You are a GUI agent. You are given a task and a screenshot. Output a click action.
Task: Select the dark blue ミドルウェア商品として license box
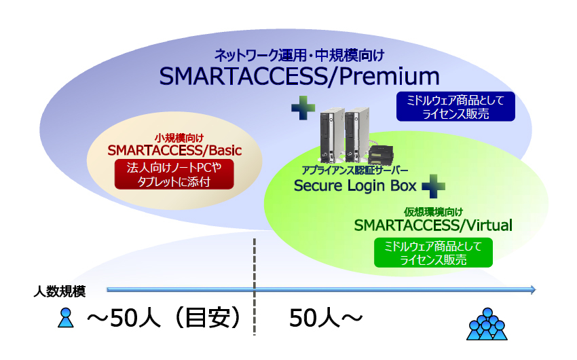click(455, 107)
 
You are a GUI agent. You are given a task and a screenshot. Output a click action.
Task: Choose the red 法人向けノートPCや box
click(175, 175)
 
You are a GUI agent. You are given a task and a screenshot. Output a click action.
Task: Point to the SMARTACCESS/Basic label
click(175, 149)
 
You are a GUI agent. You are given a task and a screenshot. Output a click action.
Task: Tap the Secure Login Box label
click(355, 185)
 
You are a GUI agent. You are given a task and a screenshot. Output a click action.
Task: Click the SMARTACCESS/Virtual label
click(433, 225)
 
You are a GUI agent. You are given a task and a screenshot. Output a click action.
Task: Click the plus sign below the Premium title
click(303, 107)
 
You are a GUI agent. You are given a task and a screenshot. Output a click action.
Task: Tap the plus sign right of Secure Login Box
click(432, 186)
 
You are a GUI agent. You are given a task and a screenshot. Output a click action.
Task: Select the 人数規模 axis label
click(60, 291)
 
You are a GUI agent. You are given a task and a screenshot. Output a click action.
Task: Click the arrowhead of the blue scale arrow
click(532, 290)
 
